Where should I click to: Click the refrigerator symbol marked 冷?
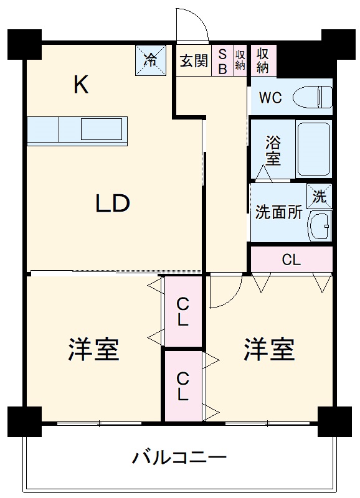(150, 60)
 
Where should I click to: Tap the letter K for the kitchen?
(80, 85)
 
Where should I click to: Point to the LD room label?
(112, 204)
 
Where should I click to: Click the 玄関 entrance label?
(194, 61)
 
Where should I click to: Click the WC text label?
(271, 98)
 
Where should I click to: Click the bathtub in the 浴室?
(313, 148)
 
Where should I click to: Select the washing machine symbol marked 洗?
(320, 197)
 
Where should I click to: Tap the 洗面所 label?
(278, 212)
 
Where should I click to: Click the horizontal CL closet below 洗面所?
(291, 260)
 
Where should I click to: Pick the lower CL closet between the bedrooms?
(183, 386)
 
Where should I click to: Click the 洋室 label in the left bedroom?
(93, 350)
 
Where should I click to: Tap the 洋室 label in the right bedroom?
(268, 350)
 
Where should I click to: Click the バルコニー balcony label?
(179, 459)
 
